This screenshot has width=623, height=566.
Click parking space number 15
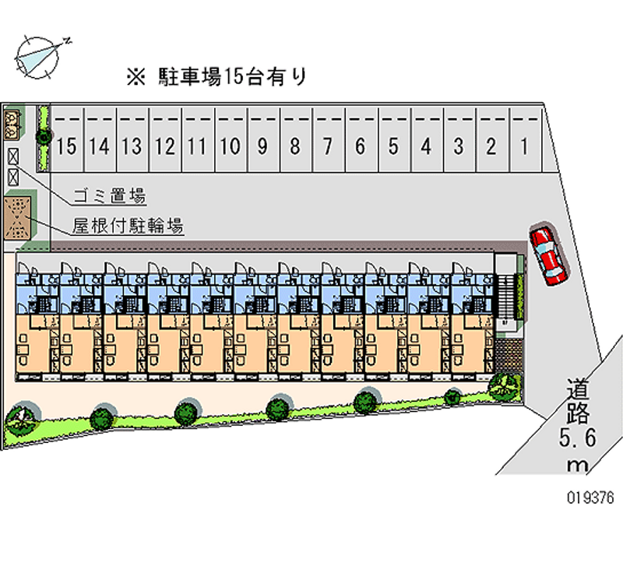coord(67,145)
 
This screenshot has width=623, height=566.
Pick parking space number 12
coord(164,145)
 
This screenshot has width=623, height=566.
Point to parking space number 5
coord(393,145)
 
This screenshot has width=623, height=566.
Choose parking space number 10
coord(230,145)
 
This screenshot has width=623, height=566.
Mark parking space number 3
coord(459,145)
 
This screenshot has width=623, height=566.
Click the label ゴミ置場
coord(109,195)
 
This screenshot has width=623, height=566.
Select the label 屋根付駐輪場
coord(128,227)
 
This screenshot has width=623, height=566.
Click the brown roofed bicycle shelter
coord(17,218)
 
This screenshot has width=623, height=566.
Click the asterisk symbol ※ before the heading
coord(136,76)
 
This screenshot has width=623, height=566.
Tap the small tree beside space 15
coord(44,137)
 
